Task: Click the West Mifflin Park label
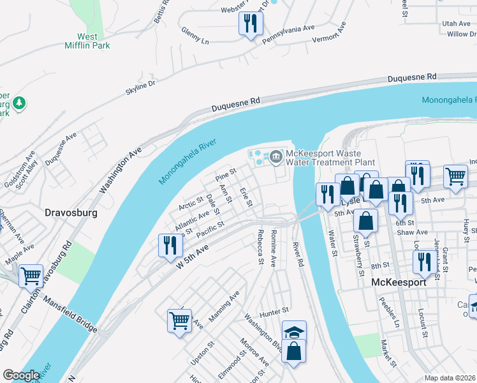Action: (x=87, y=41)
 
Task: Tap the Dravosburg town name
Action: (x=70, y=211)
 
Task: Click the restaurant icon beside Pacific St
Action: (x=170, y=246)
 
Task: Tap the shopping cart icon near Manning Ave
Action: (x=179, y=320)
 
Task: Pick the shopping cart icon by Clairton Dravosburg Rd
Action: (x=31, y=276)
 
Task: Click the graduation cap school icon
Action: (x=294, y=331)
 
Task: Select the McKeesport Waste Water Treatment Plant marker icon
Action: (x=276, y=155)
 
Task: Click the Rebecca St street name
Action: (x=260, y=247)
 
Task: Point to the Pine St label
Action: (x=226, y=173)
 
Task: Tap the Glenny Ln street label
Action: (x=195, y=34)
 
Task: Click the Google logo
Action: (x=21, y=375)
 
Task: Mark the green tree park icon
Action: (x=19, y=102)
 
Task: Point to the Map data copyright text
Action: (x=450, y=378)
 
